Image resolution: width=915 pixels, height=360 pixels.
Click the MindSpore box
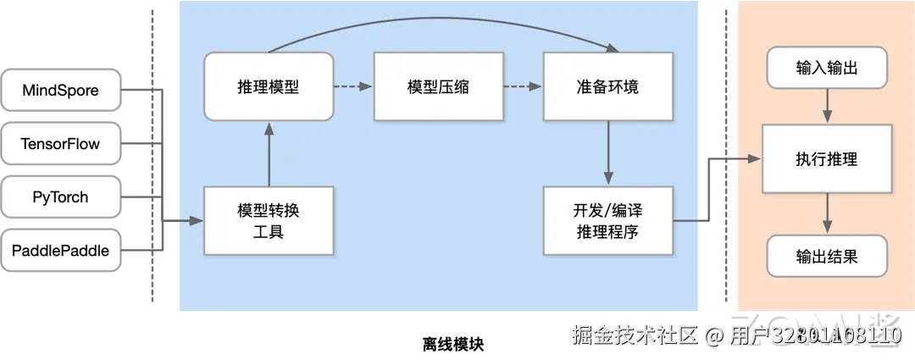click(60, 90)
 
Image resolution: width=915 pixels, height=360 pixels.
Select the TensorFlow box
click(60, 144)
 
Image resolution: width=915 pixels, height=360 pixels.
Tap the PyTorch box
click(60, 197)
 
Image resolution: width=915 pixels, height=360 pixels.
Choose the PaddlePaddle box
click(60, 250)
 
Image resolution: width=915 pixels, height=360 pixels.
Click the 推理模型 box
click(269, 86)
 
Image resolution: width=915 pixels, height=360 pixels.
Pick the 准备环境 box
click(607, 86)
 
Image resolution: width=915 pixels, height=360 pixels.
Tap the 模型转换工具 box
click(269, 220)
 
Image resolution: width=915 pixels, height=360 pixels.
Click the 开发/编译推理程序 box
click(607, 220)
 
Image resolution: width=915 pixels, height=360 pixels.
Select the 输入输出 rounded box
click(827, 69)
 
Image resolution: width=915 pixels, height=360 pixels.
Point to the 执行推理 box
click(827, 159)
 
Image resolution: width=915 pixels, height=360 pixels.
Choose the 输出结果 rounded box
click(827, 256)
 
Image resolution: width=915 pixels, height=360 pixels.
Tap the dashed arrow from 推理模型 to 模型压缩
click(353, 86)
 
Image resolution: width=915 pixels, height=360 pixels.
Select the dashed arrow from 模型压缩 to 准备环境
click(523, 86)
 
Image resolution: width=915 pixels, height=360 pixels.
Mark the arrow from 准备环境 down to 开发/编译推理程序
click(607, 153)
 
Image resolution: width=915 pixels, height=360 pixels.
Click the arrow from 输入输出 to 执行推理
click(827, 107)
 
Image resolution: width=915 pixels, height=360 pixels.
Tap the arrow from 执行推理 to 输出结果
click(827, 213)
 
